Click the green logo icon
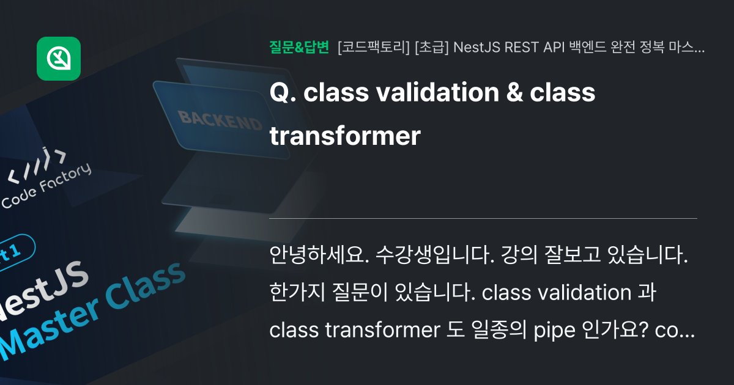(x=59, y=59)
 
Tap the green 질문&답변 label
(x=299, y=47)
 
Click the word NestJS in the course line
(x=477, y=48)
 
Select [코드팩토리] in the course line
(x=374, y=48)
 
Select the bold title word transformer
(x=345, y=136)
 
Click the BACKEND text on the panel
(x=220, y=120)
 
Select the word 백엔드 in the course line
(x=586, y=48)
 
